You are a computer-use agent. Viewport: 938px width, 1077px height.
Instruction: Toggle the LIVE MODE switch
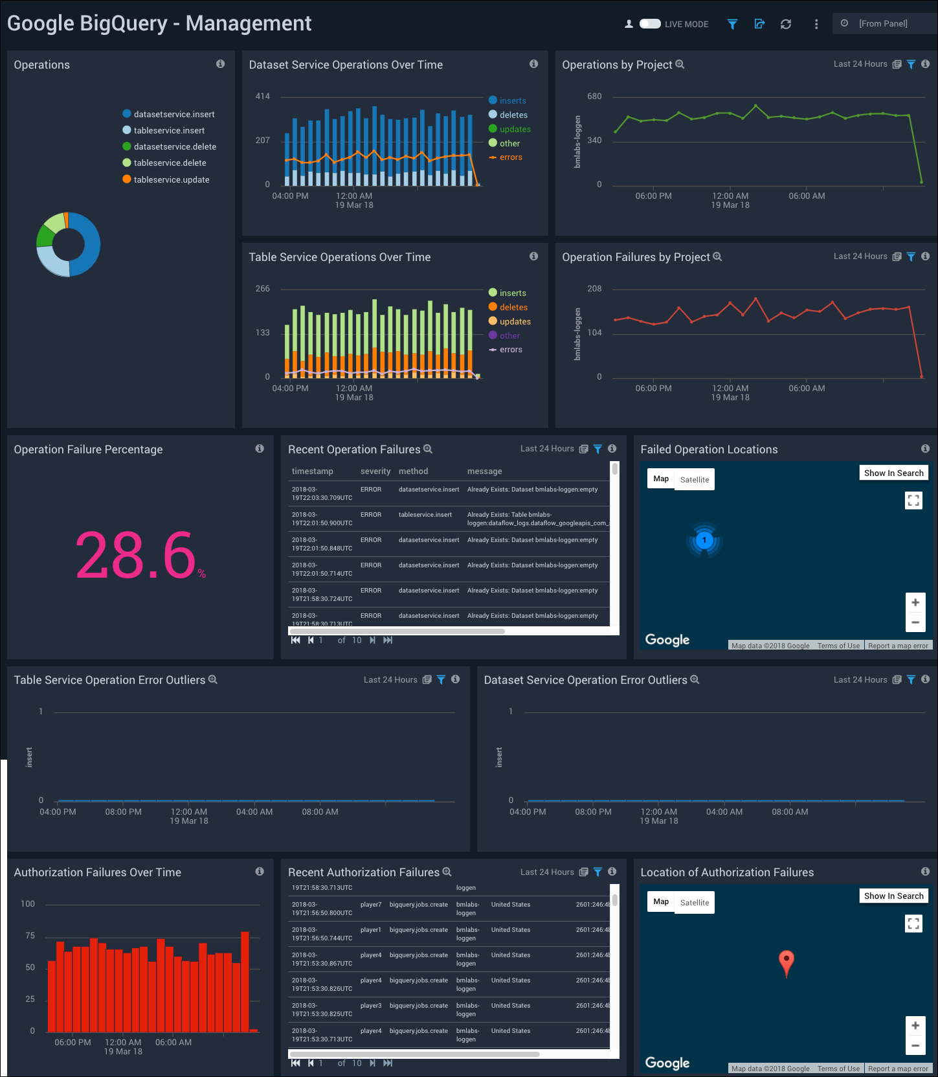650,24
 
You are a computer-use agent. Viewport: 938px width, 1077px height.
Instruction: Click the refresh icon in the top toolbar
786,24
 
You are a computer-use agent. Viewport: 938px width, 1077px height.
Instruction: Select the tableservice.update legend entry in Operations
171,179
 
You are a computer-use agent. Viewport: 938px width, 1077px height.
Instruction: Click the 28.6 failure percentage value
136,556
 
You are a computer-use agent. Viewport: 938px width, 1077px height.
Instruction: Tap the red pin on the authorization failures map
786,961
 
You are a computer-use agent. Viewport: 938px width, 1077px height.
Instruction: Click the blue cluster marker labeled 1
704,540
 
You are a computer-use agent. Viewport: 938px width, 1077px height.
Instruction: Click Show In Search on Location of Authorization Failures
893,896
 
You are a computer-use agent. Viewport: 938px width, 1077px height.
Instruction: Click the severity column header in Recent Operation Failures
375,471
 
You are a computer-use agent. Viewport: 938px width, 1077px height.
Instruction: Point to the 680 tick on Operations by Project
594,96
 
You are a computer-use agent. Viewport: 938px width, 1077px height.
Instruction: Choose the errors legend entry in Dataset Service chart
510,157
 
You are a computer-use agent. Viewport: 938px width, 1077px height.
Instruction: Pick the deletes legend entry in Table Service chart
513,308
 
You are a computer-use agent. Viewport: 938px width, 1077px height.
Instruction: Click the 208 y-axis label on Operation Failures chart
594,289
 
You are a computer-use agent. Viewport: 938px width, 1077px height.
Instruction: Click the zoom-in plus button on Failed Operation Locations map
915,603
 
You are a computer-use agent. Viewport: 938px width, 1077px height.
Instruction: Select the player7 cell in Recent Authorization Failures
371,905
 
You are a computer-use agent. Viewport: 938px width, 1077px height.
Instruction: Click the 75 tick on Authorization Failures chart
30,936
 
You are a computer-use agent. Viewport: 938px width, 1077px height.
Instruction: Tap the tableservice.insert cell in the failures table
425,515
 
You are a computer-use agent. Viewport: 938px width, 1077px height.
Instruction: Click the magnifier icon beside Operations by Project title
680,65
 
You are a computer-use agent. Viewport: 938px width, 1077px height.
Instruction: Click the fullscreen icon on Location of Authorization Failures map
913,924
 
